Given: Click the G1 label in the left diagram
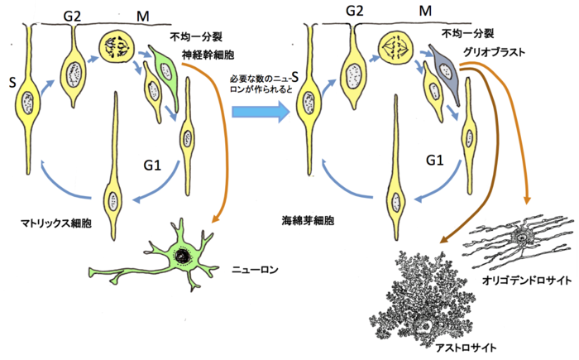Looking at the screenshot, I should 152,163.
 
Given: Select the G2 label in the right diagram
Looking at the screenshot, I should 355,11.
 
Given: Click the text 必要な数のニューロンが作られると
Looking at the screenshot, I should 261,83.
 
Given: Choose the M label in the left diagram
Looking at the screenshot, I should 144,15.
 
